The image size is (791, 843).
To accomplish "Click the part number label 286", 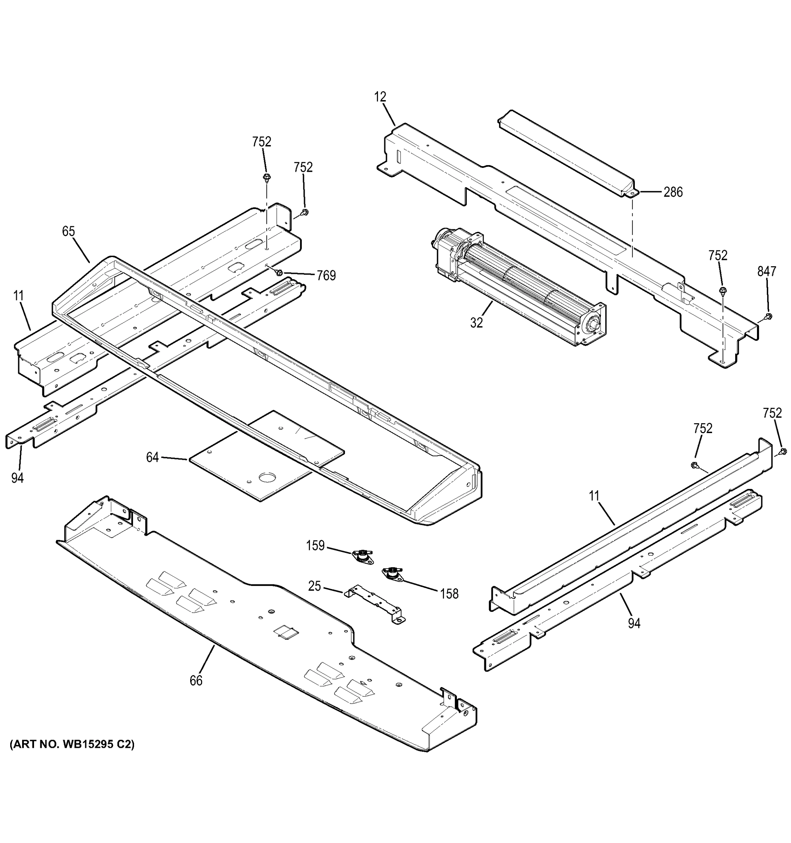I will point(673,192).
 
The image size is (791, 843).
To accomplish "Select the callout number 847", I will point(766,272).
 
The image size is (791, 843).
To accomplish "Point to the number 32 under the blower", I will point(476,323).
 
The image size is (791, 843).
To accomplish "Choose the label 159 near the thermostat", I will point(315,545).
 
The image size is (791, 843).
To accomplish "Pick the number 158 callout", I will point(449,594).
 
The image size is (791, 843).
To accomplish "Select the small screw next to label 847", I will point(769,316).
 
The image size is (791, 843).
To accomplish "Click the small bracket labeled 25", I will point(374,604).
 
